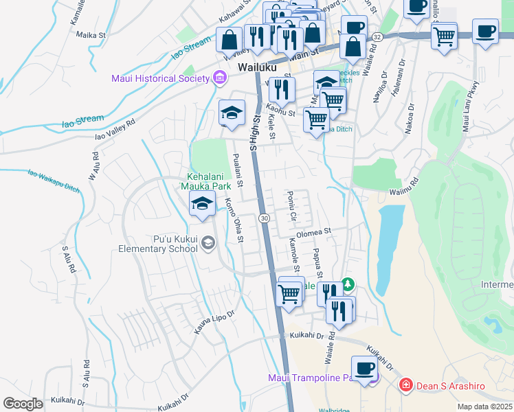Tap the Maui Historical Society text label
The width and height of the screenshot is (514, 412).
[160, 78]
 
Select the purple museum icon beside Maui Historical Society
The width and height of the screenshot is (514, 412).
[220, 77]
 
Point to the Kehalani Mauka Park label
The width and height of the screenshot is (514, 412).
[205, 181]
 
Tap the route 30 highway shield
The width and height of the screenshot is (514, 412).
[264, 218]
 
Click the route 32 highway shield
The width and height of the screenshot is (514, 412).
[377, 36]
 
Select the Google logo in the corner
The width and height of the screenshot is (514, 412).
[23, 404]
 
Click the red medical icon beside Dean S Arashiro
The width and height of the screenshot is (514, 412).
[406, 386]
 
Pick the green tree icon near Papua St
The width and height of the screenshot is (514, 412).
[348, 284]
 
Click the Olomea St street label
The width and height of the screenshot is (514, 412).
[314, 232]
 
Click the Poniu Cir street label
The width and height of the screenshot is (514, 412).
[292, 207]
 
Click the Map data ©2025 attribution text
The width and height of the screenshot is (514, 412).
[485, 407]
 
